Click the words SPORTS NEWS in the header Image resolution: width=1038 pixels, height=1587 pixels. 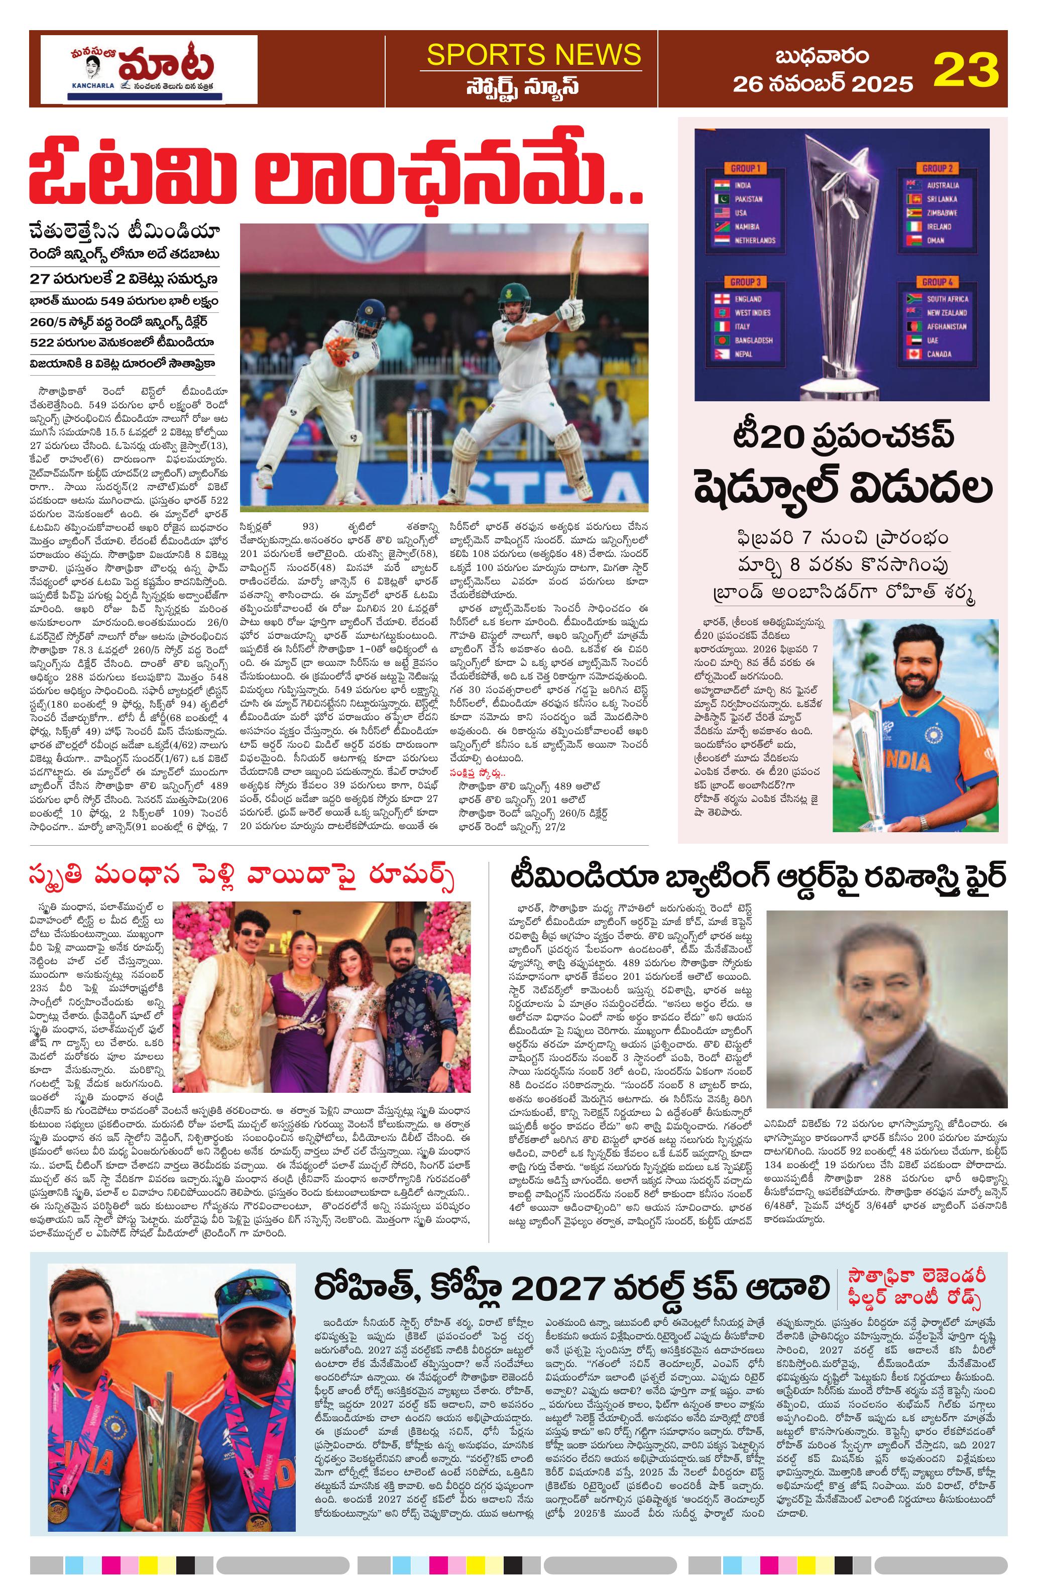click(x=534, y=54)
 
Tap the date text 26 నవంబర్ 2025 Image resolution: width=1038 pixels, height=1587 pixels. click(x=823, y=84)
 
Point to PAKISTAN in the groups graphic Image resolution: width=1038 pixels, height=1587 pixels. click(x=749, y=199)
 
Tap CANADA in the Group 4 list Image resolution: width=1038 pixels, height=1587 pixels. click(x=939, y=354)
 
